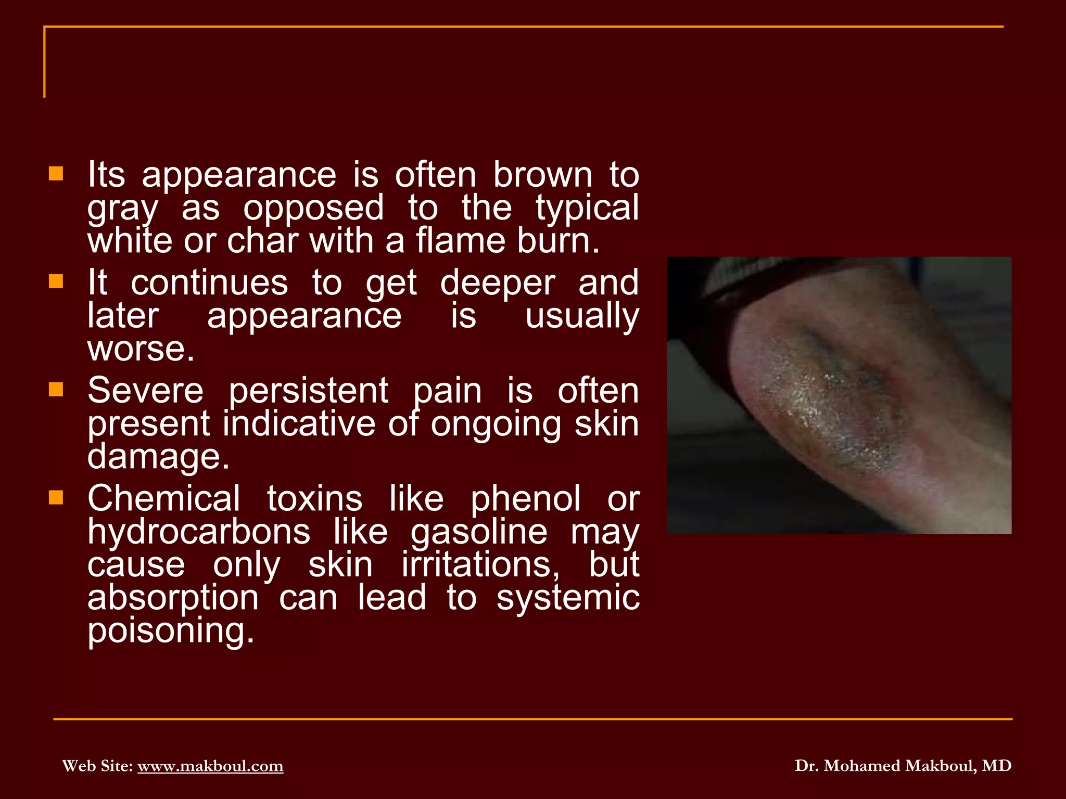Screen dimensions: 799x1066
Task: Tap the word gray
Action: [122, 209]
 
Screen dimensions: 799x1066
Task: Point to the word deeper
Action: [498, 283]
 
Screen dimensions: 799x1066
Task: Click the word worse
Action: [141, 349]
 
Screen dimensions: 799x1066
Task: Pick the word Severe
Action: [145, 391]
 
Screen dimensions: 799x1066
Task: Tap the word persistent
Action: [308, 392]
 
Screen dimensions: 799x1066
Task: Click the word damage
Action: [158, 457]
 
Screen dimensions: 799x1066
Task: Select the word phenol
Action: [525, 499]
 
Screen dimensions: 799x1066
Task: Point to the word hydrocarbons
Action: [199, 532]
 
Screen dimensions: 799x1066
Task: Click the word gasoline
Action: [479, 533]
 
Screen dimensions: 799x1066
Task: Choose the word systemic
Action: [568, 598]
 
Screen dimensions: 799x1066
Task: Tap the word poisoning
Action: [170, 632]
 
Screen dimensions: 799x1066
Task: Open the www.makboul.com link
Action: [210, 766]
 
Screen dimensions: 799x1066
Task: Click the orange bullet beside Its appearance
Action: [56, 174]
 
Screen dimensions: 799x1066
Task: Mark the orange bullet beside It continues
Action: [56, 282]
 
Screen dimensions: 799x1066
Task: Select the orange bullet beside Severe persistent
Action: [56, 390]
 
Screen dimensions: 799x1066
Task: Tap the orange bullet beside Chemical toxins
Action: [56, 498]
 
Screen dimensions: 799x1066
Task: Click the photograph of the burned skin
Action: [839, 395]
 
